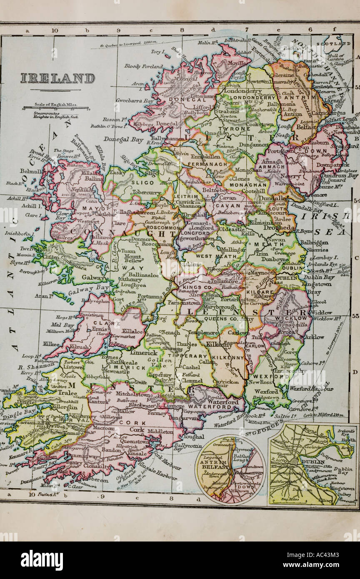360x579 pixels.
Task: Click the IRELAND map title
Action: [57, 79]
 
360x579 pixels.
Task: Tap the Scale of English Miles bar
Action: [55, 109]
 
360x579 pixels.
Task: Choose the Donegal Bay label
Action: [123, 140]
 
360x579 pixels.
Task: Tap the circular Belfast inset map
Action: [230, 469]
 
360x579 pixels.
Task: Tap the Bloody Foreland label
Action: [144, 66]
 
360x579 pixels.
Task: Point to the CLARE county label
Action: [100, 322]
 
